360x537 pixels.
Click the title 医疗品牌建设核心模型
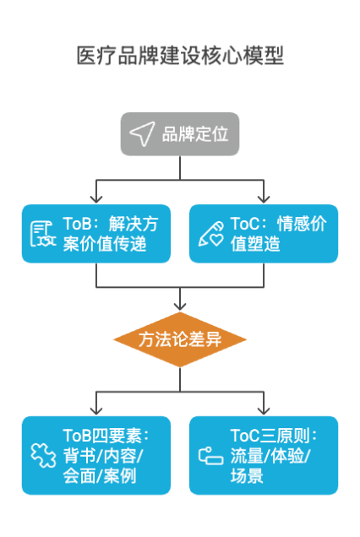pos(180,56)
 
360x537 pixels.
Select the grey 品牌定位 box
pos(180,133)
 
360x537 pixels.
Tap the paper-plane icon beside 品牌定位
pos(142,133)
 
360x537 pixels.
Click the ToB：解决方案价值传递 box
pos(96,234)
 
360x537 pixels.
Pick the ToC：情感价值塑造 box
pos(263,234)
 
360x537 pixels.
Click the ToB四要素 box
pos(96,455)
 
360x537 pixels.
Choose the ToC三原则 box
pos(263,455)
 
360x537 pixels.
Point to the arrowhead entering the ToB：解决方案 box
pos(97,200)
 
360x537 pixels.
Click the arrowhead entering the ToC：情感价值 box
pos(263,200)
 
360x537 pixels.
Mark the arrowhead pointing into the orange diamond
pos(180,306)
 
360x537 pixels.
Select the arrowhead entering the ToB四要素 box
pos(97,411)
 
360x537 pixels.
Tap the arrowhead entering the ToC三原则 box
pos(263,411)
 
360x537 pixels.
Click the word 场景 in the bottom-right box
pos(246,477)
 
